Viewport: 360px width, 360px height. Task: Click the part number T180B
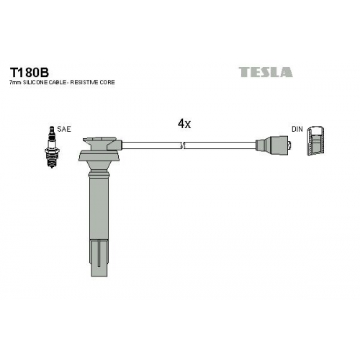point(29,72)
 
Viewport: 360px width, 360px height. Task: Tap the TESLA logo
point(266,72)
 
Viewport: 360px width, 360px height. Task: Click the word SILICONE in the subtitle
point(35,82)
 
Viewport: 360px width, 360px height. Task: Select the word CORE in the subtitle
point(107,82)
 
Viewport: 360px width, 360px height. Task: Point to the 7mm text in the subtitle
point(15,83)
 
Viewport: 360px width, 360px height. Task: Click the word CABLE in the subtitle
point(58,82)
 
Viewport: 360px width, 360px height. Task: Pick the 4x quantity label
point(184,124)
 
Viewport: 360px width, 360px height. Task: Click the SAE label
point(64,129)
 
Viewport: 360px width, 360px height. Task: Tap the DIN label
point(297,129)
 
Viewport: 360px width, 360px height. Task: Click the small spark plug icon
point(52,147)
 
